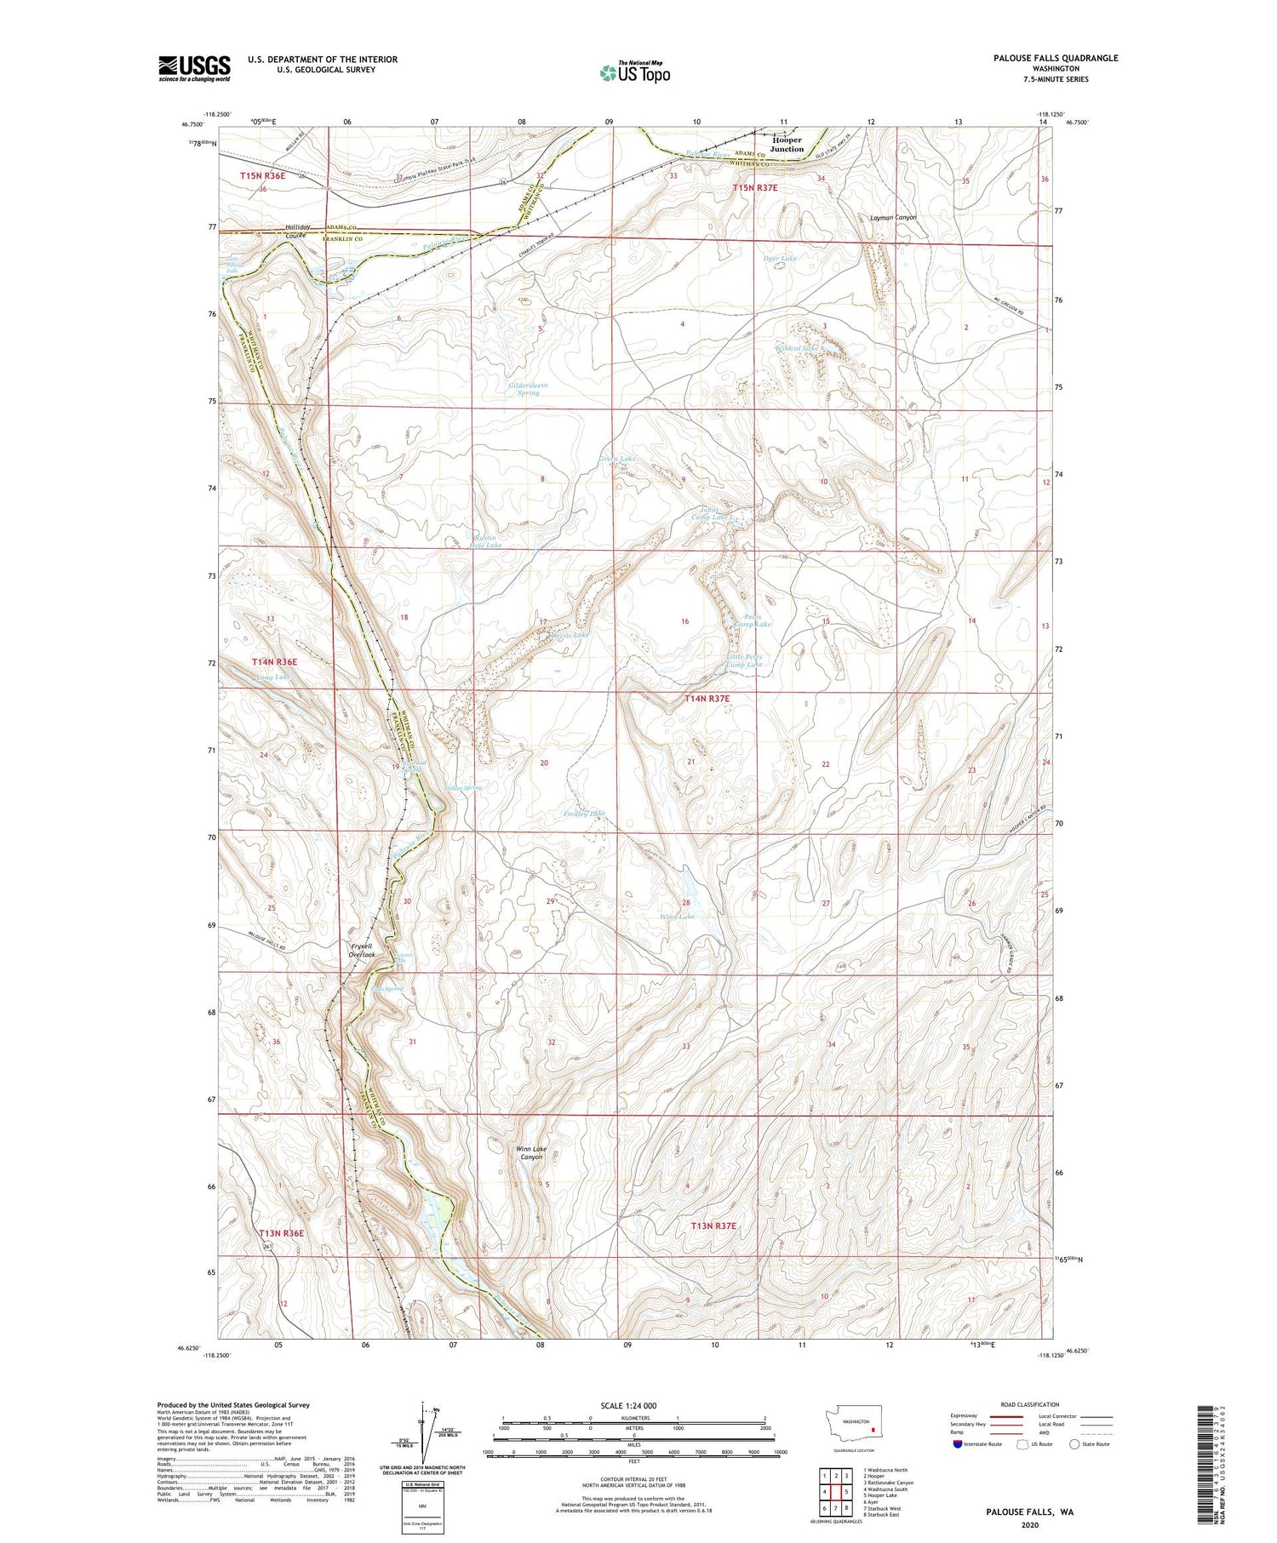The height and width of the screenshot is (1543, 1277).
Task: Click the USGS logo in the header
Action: click(x=194, y=68)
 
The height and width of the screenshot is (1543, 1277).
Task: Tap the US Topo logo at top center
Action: click(x=634, y=72)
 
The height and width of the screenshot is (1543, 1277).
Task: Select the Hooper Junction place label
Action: click(x=786, y=145)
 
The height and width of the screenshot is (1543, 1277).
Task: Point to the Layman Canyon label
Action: click(x=893, y=218)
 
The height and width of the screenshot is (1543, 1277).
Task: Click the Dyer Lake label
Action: click(x=779, y=258)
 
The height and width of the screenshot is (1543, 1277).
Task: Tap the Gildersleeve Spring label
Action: click(x=528, y=389)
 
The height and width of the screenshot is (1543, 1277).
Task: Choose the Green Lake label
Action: click(x=616, y=459)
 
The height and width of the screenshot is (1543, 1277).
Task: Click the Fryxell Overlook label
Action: click(x=362, y=951)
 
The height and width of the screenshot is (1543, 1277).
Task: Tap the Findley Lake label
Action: click(x=585, y=814)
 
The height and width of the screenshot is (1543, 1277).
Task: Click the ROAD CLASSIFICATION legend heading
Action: click(x=1029, y=1404)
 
